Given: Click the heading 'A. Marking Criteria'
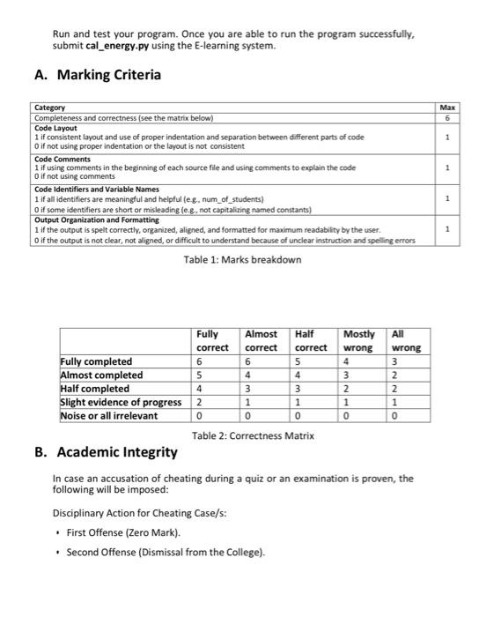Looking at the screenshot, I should [97, 75].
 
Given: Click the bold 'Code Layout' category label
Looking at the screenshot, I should [55, 128].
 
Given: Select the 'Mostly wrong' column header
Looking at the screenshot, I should [359, 340].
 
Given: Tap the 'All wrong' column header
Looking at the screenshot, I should [406, 340].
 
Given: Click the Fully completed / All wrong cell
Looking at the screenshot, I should [394, 361].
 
